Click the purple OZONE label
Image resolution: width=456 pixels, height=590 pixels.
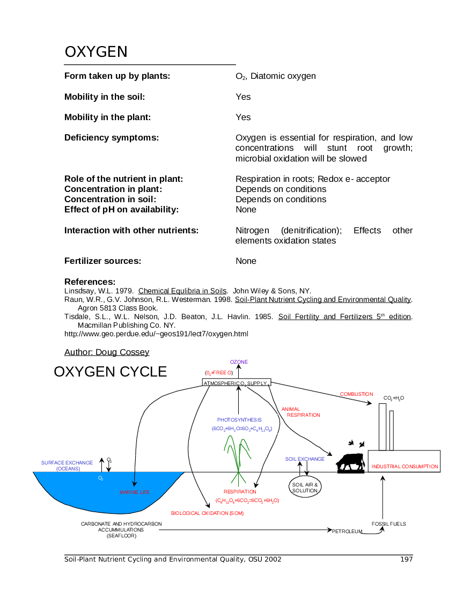(239, 362)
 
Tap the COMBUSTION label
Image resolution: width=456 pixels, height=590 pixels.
(356, 394)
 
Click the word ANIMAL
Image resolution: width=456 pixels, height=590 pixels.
(290, 409)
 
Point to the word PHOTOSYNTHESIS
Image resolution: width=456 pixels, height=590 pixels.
(239, 420)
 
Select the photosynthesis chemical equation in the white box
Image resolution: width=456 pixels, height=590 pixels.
(241, 429)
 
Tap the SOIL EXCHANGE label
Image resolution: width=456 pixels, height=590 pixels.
(305, 459)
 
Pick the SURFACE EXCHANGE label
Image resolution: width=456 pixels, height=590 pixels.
(67, 462)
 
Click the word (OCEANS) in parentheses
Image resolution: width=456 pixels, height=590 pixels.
(68, 469)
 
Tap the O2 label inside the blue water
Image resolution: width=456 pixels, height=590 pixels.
(100, 478)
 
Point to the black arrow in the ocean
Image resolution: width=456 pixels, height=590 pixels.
(135, 479)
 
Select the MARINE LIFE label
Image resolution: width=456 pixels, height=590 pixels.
(134, 492)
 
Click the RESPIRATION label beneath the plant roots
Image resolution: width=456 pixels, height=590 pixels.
(240, 492)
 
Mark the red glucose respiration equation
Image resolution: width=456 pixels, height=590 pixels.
(247, 500)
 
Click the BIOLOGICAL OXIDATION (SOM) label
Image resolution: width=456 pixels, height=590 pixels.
(207, 513)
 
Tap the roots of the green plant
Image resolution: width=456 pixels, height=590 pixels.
(238, 478)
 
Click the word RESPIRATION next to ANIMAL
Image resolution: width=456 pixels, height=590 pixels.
(304, 415)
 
